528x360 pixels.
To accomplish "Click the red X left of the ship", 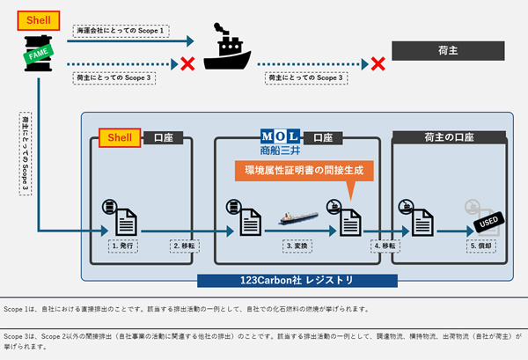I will [187, 63].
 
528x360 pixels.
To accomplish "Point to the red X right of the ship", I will [378, 63].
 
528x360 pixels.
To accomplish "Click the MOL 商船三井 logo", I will [281, 141].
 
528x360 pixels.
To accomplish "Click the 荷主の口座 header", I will [448, 137].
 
